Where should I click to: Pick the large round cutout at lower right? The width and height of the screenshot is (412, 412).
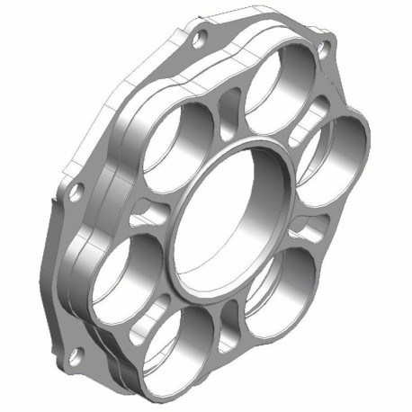(283, 288)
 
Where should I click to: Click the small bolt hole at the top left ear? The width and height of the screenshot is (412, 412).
(200, 37)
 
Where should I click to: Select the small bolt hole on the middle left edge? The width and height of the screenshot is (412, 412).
(77, 191)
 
